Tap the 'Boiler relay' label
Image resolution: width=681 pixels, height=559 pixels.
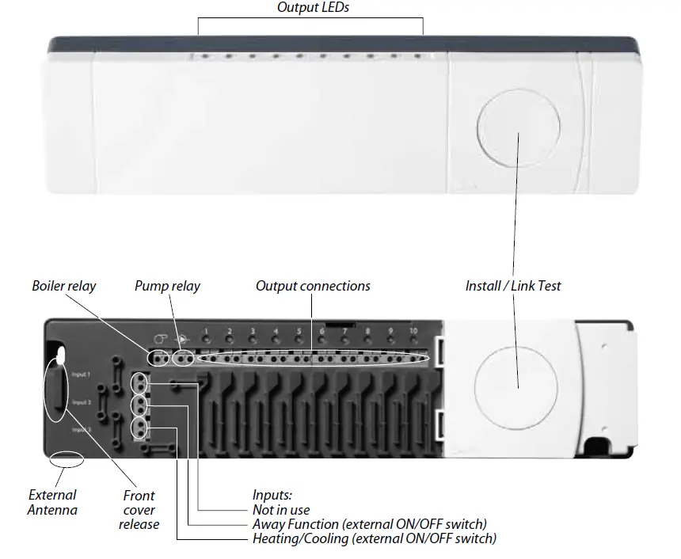click(63, 285)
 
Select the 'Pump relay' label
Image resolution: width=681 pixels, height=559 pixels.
click(167, 285)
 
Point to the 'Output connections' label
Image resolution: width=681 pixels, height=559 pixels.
click(313, 285)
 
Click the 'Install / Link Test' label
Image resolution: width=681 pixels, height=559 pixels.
click(513, 285)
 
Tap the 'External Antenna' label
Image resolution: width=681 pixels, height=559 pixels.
click(52, 503)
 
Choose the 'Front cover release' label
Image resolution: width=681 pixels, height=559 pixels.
click(139, 510)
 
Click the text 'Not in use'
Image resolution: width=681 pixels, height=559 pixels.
click(281, 510)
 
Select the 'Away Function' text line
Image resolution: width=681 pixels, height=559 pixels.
click(369, 524)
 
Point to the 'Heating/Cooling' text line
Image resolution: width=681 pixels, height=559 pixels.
click(374, 538)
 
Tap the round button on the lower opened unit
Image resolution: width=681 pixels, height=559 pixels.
click(517, 376)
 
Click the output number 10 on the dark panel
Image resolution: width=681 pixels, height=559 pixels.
click(413, 331)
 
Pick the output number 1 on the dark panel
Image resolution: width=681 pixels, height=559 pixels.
click(206, 331)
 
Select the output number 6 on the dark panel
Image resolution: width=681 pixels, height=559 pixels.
click(321, 331)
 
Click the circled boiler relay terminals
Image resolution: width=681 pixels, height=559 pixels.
click(159, 358)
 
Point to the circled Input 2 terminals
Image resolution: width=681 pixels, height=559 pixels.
click(140, 405)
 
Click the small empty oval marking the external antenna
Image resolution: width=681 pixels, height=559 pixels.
click(66, 458)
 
